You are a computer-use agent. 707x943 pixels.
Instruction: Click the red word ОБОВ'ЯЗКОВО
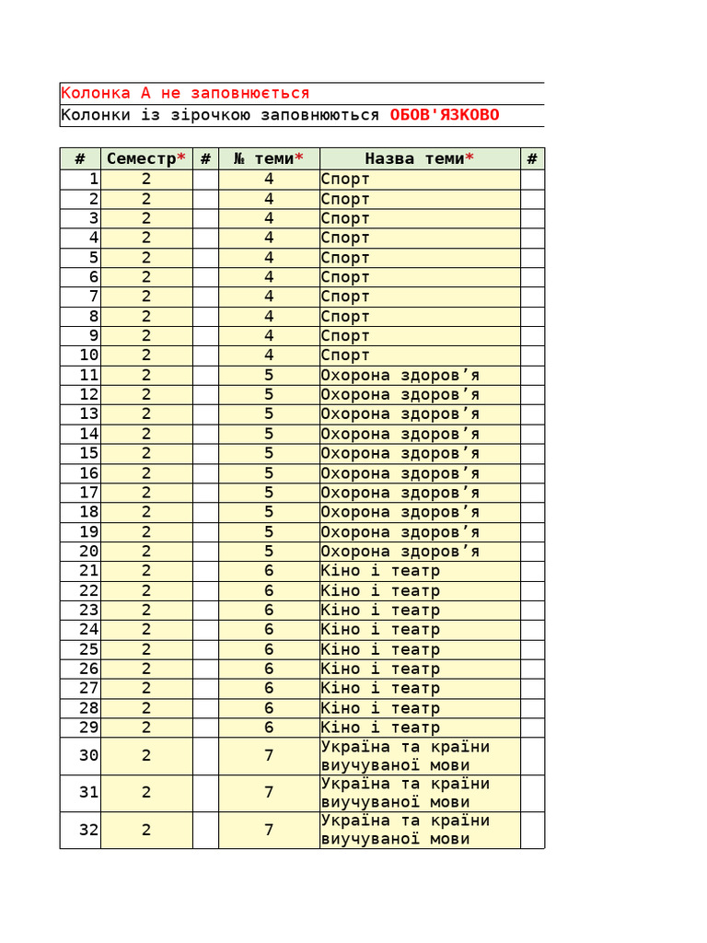point(445,115)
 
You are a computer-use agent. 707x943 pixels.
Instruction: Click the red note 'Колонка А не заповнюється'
point(185,93)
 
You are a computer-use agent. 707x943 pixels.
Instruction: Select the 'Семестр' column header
point(146,158)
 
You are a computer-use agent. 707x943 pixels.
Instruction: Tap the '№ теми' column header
point(269,158)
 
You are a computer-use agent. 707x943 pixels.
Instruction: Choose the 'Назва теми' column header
point(420,158)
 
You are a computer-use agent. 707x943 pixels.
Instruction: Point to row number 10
point(88,355)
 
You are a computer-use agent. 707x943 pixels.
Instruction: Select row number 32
point(88,830)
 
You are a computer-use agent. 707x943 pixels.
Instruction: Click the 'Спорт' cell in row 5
point(345,258)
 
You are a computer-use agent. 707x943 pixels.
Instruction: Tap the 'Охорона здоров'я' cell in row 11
point(400,375)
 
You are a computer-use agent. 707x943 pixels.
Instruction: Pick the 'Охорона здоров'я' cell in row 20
point(400,552)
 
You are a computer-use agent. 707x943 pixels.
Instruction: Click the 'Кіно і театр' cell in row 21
point(380,571)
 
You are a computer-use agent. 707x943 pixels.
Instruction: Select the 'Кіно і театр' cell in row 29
point(380,728)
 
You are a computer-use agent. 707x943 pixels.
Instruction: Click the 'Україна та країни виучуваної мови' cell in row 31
point(405,793)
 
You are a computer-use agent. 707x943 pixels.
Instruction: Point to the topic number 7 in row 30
point(269,755)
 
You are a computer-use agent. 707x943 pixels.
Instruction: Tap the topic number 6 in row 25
point(269,649)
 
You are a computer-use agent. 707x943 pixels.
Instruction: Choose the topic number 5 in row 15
point(269,453)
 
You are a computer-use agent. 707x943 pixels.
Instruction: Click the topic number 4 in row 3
point(269,218)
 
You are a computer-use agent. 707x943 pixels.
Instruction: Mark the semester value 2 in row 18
point(146,512)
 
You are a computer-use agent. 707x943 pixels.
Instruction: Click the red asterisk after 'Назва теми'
point(469,157)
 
